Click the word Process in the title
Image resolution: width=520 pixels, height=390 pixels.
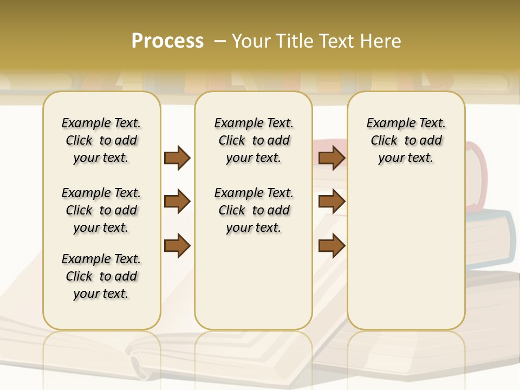[x=167, y=41]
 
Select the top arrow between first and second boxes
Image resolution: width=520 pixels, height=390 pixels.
[x=177, y=158]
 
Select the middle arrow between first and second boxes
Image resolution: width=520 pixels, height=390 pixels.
[x=177, y=202]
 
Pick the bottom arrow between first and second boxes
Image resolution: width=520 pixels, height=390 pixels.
[x=177, y=246]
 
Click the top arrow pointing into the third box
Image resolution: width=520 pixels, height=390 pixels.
[x=331, y=158]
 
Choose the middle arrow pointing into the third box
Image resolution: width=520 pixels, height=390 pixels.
[x=331, y=202]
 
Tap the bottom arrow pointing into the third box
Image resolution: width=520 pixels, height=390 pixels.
[x=331, y=246]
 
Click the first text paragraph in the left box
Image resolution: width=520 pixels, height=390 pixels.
[x=101, y=140]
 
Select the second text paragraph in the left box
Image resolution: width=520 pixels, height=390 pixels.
[x=101, y=210]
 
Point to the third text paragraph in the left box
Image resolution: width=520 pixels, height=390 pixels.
[x=101, y=276]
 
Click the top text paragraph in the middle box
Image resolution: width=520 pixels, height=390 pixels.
[x=253, y=140]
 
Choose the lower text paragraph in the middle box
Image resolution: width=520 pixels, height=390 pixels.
[x=253, y=210]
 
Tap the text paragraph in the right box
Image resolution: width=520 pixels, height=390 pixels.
[x=406, y=140]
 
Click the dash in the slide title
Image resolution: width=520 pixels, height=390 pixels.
[x=219, y=41]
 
